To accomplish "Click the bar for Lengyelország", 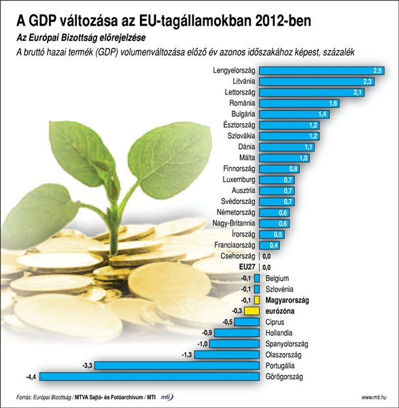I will (x=322, y=70).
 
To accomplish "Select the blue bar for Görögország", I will (x=153, y=376).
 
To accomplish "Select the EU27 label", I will (x=243, y=267).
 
